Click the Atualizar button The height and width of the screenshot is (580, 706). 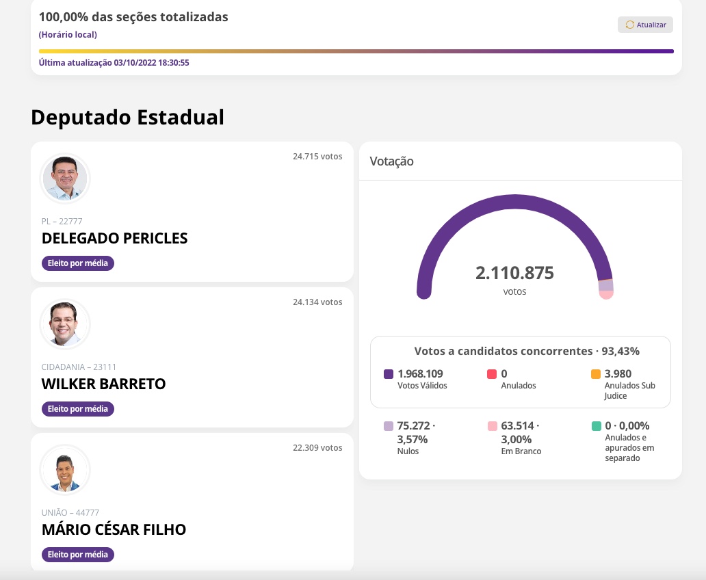click(x=645, y=25)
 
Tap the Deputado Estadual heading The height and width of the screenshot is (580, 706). click(x=127, y=117)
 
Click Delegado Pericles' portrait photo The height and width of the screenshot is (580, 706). click(x=65, y=178)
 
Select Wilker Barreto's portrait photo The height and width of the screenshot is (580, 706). click(x=65, y=324)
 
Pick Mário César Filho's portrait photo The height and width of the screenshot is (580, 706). click(x=65, y=469)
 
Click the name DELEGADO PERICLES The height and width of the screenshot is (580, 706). click(x=114, y=238)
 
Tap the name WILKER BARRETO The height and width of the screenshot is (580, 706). click(x=103, y=384)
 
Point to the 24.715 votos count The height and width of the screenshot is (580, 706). click(x=317, y=156)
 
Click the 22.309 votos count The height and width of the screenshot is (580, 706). click(x=317, y=447)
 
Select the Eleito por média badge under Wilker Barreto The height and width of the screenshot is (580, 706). click(x=78, y=409)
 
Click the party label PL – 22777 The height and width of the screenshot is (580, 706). click(x=62, y=221)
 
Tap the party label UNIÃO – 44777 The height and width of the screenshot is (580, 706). click(x=70, y=512)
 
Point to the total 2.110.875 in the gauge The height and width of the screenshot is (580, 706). click(x=514, y=273)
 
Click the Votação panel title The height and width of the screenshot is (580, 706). click(x=391, y=161)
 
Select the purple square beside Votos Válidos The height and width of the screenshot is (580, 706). click(x=389, y=374)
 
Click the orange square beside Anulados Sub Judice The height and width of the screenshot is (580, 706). click(x=596, y=374)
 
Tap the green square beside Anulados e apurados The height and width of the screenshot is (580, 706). click(x=596, y=426)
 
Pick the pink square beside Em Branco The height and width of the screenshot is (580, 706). click(x=492, y=426)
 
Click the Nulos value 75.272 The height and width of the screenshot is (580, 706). click(x=414, y=425)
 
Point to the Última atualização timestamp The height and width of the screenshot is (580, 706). click(x=114, y=62)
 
